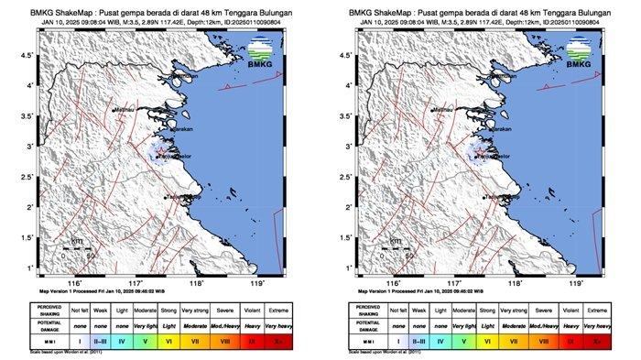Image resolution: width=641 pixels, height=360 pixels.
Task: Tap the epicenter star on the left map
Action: [x=162, y=150]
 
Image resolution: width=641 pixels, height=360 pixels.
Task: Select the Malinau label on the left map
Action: [x=124, y=111]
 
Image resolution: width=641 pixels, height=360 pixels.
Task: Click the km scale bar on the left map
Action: [x=79, y=248]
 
